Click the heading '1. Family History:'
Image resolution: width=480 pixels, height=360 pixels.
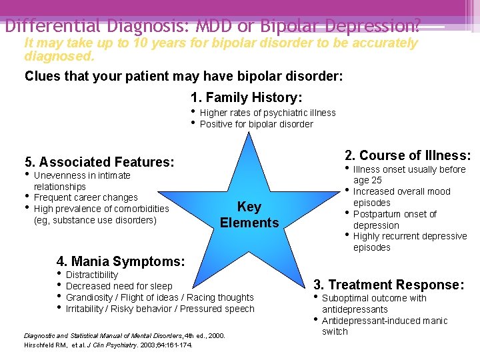(246, 98)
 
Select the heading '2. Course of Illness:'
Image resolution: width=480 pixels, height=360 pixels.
(407, 155)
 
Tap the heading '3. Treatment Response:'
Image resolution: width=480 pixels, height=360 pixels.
(389, 285)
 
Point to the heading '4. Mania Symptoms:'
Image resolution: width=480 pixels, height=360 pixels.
(121, 261)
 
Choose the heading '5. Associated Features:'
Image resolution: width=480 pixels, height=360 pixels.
(99, 162)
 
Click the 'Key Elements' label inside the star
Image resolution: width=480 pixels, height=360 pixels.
(249, 215)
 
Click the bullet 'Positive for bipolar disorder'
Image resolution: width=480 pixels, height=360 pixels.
(256, 124)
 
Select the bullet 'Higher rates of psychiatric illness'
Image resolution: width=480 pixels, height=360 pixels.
(267, 113)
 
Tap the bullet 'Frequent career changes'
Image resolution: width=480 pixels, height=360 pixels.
(85, 197)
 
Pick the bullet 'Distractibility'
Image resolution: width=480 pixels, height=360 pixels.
(92, 275)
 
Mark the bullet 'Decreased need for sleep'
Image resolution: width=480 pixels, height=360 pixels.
(119, 286)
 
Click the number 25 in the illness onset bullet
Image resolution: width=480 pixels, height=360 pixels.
(377, 180)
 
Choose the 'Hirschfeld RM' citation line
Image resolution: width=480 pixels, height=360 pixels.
(108, 345)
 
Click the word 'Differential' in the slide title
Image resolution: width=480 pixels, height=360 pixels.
(50, 27)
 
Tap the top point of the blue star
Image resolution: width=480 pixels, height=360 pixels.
(250, 136)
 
